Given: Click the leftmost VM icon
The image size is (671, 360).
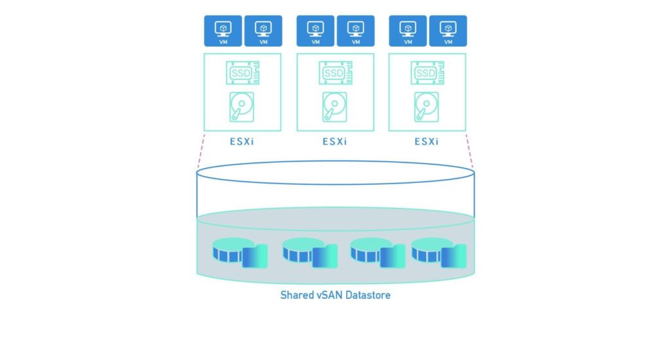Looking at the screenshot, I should tap(223, 31).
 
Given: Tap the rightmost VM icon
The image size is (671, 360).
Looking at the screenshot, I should tap(448, 31).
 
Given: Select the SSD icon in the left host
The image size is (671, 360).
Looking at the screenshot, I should tap(242, 73).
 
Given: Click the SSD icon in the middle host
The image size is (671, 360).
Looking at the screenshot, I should tap(335, 73).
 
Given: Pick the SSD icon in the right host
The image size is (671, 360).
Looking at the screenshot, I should tap(427, 73).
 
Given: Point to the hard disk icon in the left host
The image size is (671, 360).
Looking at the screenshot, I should tap(242, 107).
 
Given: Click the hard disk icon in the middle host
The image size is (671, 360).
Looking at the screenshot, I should tap(335, 107).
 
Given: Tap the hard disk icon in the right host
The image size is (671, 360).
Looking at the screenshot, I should tap(427, 107).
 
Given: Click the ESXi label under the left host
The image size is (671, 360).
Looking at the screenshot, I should tap(242, 142).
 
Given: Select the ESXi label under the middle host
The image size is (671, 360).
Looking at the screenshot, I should tap(335, 142).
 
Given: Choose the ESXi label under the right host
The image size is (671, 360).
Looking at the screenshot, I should tap(427, 142).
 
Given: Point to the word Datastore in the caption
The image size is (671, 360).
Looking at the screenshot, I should tap(370, 295).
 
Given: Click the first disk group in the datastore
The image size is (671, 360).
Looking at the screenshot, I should tap(240, 252).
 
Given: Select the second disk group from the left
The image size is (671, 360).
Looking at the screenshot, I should tap(309, 252).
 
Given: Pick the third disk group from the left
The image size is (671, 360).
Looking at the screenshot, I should tap(377, 252).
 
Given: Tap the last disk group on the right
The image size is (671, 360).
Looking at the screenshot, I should tap(438, 252).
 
